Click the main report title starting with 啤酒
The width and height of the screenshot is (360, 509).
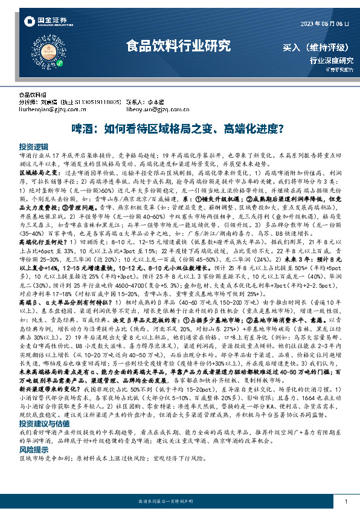(179, 129)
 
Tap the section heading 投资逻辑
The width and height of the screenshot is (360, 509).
(33, 147)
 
